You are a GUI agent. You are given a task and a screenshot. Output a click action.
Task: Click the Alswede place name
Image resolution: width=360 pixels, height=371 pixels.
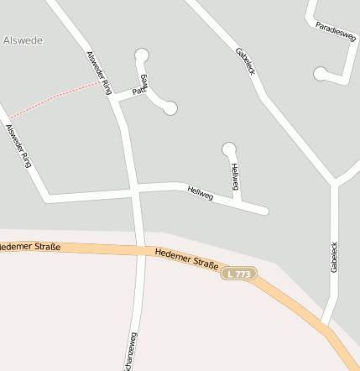coord(23,40)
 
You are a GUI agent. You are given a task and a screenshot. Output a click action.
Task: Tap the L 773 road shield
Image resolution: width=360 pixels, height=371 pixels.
coord(239,274)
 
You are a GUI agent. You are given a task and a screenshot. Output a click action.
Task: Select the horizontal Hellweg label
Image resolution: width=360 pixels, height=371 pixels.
coord(201,194)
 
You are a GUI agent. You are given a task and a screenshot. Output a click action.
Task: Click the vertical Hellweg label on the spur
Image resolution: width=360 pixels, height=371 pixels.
coord(235,175)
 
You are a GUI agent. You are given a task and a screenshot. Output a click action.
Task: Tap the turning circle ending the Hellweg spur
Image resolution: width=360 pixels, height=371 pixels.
coord(228,149)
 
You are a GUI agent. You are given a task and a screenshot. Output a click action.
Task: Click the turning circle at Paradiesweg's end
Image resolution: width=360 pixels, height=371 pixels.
coord(320,75)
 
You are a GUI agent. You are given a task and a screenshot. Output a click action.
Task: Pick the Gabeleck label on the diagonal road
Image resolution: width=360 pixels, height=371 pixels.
coord(245,60)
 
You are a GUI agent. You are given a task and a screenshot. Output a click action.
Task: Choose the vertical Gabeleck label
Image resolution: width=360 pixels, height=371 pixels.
coord(333,261)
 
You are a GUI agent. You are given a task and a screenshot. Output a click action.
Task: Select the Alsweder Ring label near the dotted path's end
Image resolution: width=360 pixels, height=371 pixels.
coord(98,72)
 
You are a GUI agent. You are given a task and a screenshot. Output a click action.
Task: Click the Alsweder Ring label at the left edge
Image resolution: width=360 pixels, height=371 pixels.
coord(18,146)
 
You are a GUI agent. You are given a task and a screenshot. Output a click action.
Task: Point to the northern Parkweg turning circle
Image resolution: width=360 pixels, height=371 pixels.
coord(142,55)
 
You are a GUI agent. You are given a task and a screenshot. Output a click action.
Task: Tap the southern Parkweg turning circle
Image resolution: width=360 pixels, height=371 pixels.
coord(170,107)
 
